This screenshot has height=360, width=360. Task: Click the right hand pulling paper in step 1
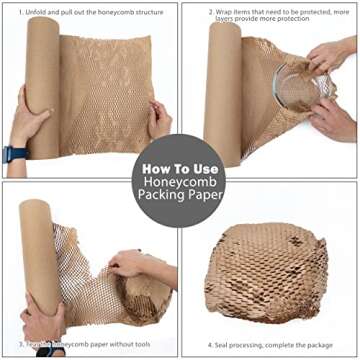[159, 119]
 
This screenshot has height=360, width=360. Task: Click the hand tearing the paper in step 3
[130, 265]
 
